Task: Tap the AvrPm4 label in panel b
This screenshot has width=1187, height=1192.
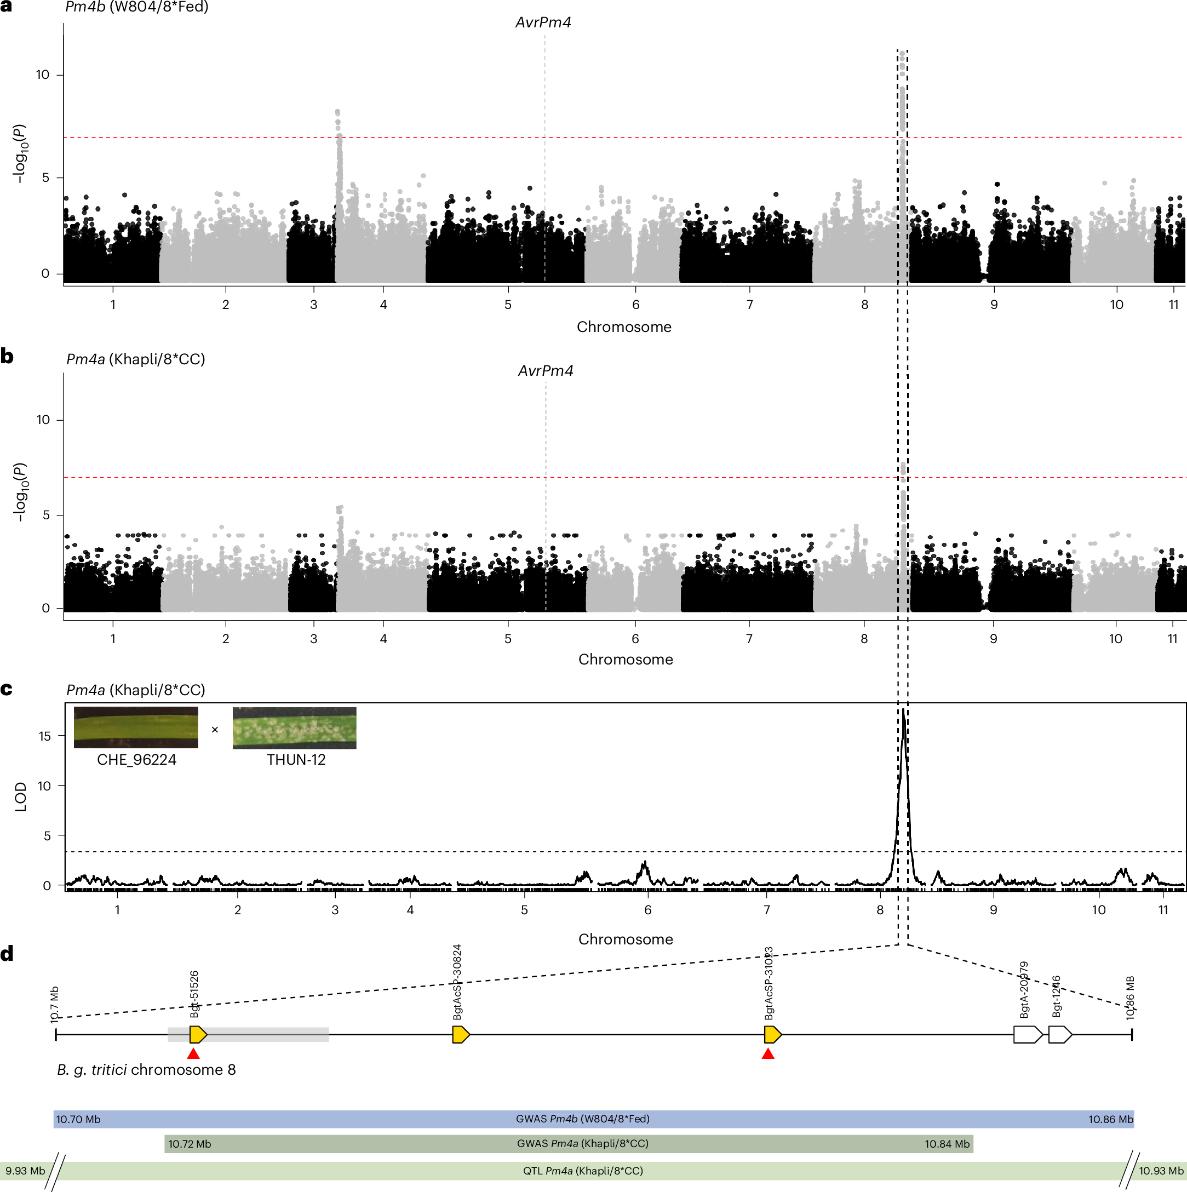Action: [x=546, y=371]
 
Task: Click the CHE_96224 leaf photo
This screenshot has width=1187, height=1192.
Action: [x=136, y=727]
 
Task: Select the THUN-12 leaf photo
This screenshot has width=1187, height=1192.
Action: [x=294, y=728]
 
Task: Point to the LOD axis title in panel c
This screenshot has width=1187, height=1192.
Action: [x=21, y=796]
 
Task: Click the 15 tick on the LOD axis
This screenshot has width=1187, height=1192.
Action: [x=44, y=736]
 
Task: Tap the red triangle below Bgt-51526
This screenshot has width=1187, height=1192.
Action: [x=194, y=1053]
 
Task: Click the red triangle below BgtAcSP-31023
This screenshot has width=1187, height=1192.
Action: [x=767, y=1053]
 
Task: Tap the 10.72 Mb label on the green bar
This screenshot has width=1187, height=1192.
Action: [x=190, y=1144]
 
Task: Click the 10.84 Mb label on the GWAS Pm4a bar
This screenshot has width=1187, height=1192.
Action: [x=947, y=1144]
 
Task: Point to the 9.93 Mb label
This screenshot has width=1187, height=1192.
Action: [x=25, y=1171]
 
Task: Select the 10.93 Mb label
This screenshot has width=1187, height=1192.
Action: [x=1161, y=1171]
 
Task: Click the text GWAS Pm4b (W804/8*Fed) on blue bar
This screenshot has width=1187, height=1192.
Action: [x=582, y=1119]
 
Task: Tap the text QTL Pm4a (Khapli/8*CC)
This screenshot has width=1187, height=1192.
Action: [x=583, y=1171]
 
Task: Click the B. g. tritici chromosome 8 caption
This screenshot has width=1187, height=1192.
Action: [x=146, y=1069]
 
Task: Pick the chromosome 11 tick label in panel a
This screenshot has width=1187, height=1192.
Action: [x=1173, y=304]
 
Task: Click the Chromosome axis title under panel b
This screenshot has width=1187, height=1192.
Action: [x=625, y=659]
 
